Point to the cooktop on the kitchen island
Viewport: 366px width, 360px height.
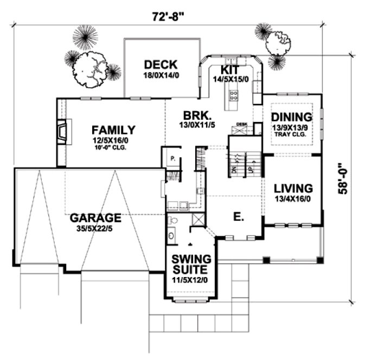click(234, 96)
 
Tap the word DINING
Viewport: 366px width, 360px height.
click(292, 117)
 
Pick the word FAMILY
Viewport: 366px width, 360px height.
click(113, 130)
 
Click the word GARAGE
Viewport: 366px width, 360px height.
click(95, 218)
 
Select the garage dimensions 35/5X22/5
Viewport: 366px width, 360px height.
click(95, 228)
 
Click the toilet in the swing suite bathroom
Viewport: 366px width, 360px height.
click(172, 221)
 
